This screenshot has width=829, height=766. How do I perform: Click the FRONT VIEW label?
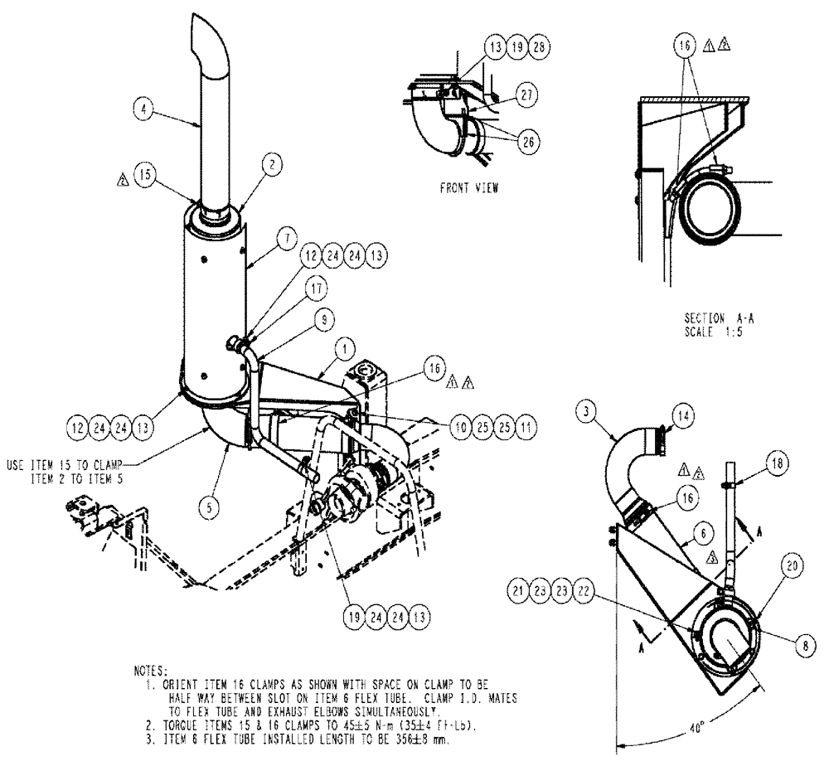[469, 188]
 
